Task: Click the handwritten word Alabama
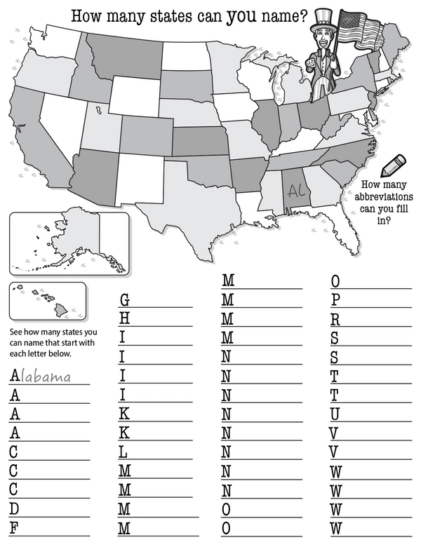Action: click(47, 377)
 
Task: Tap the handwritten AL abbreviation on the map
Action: click(295, 189)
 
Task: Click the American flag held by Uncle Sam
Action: click(359, 29)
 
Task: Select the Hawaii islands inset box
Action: click(46, 300)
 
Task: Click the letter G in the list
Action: click(124, 300)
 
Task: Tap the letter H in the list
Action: click(124, 319)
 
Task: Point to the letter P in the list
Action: click(335, 300)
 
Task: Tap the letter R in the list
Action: click(335, 319)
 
